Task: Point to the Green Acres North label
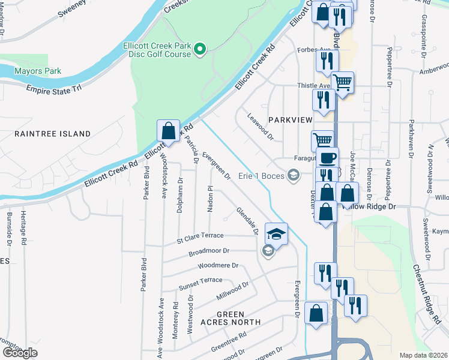pyautogui.click(x=231, y=318)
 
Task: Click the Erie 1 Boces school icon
pyautogui.click(x=294, y=175)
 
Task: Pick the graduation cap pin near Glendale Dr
pyautogui.click(x=276, y=233)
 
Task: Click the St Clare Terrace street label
pyautogui.click(x=200, y=238)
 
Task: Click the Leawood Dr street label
pyautogui.click(x=259, y=127)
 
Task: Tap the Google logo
pyautogui.click(x=20, y=353)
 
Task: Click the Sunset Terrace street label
pyautogui.click(x=200, y=283)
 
